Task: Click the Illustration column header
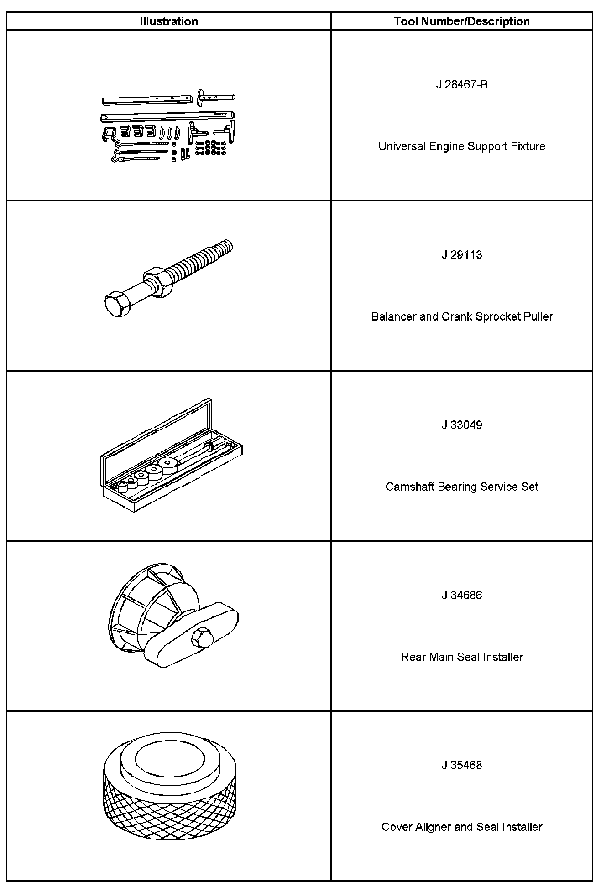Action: click(169, 21)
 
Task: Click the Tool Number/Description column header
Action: click(462, 21)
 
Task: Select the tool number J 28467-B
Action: click(462, 85)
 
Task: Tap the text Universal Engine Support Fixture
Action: click(462, 146)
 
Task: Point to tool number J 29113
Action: click(462, 255)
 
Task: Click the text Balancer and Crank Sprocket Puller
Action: click(462, 316)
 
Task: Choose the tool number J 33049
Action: click(462, 425)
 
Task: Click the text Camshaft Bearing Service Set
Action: click(462, 487)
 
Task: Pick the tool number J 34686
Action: click(462, 595)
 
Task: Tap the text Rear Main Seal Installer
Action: click(462, 657)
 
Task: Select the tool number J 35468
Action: click(462, 765)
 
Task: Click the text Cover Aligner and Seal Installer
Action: click(462, 827)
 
